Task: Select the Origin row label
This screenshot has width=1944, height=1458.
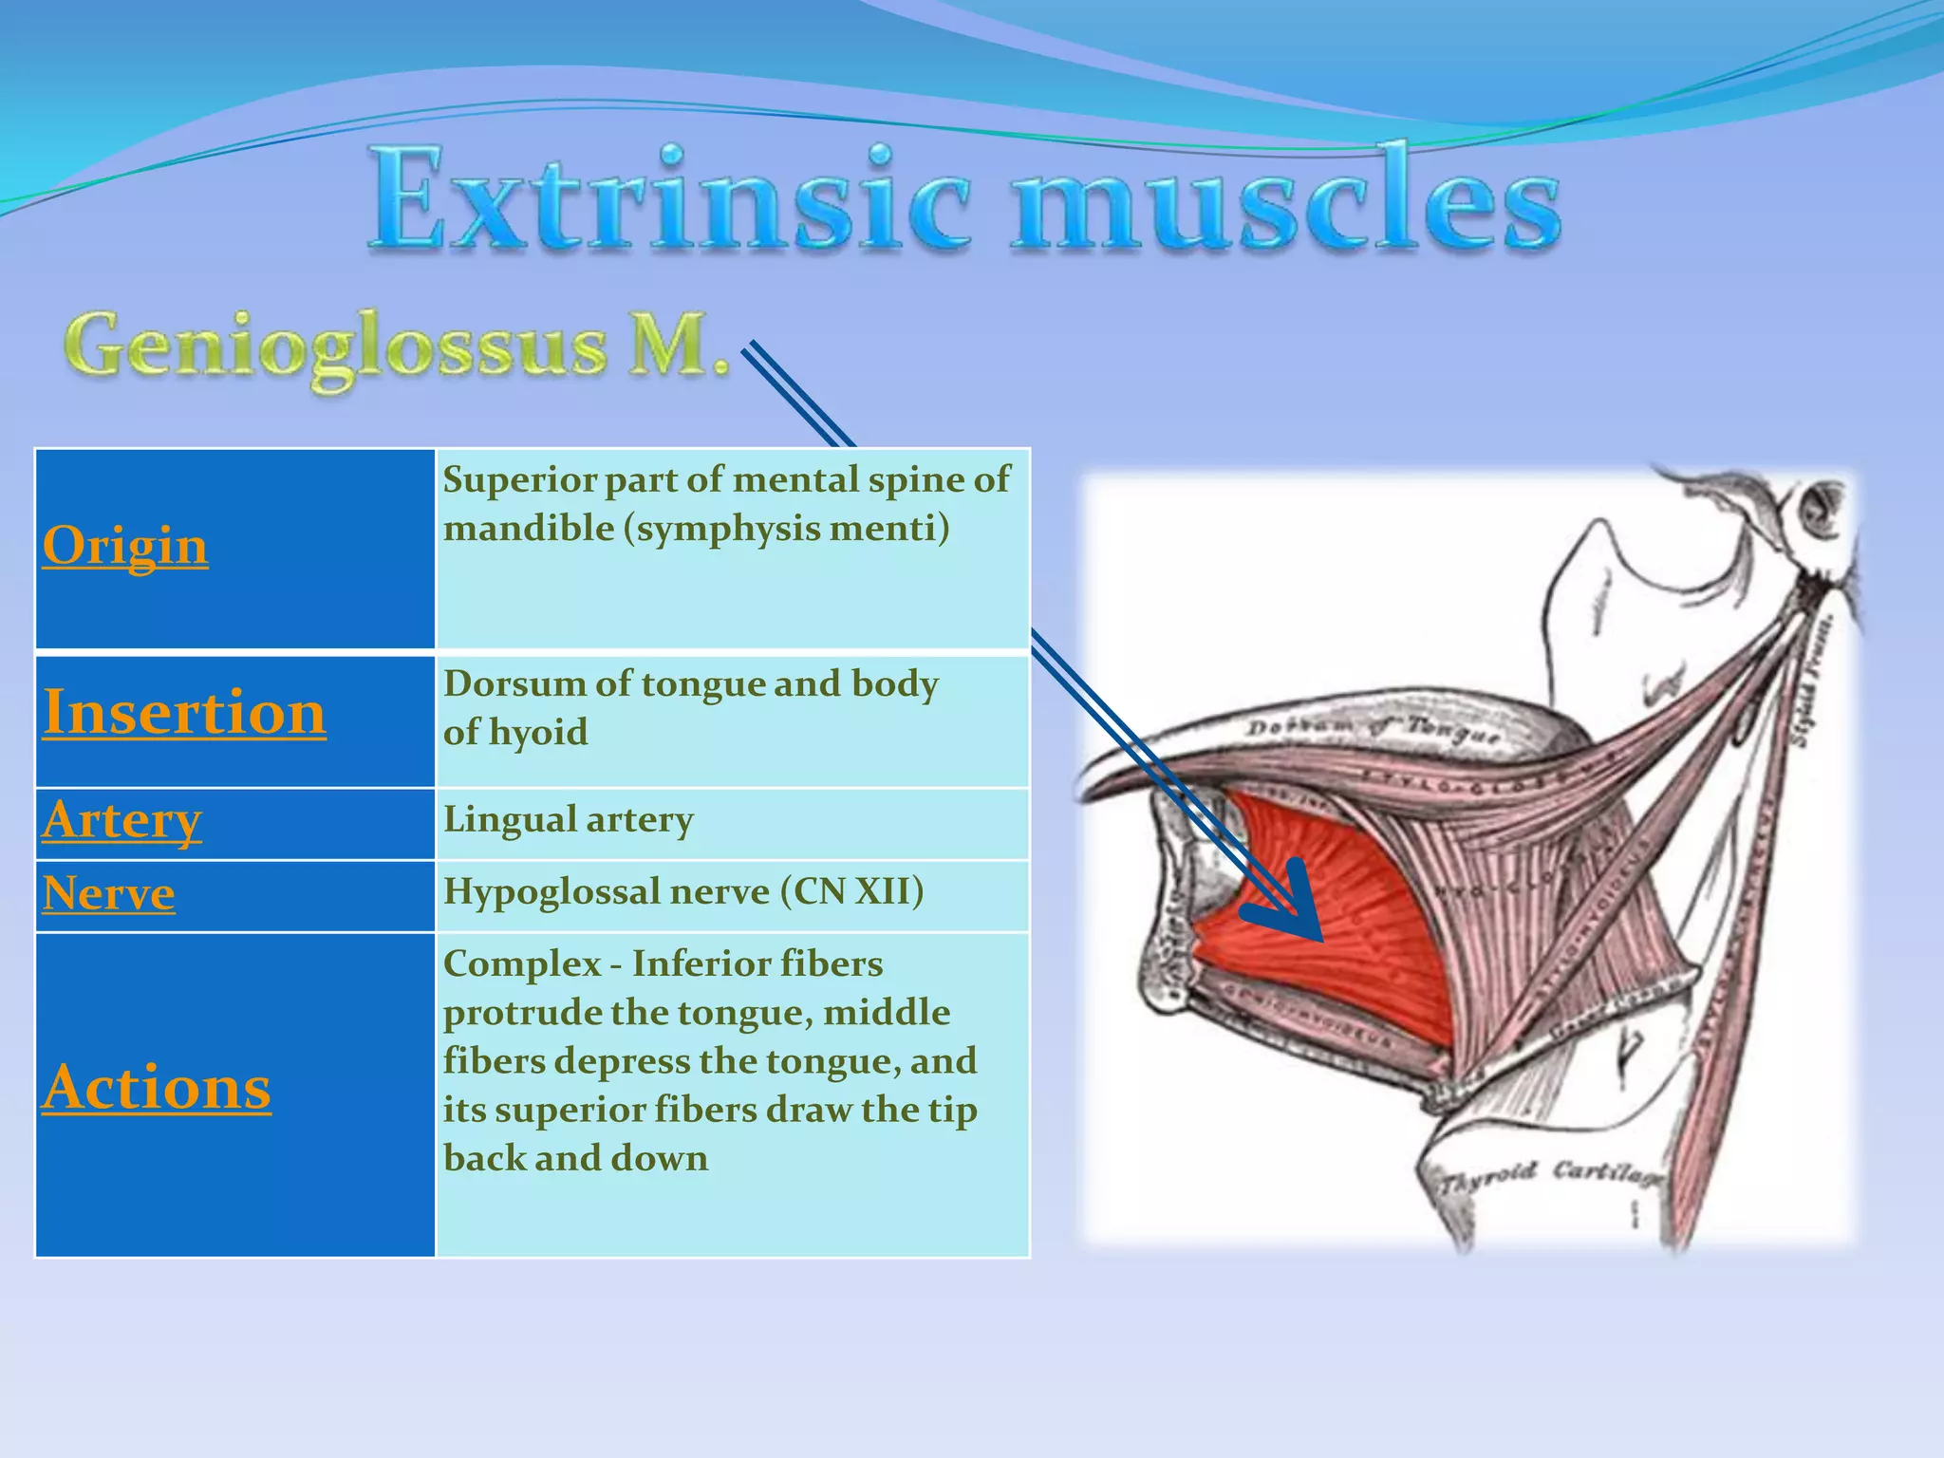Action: pyautogui.click(x=125, y=546)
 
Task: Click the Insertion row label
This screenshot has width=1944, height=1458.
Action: pyautogui.click(x=184, y=712)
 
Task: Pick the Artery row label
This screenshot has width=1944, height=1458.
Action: pyautogui.click(x=121, y=820)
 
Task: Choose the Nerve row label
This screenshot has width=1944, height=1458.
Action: pyautogui.click(x=108, y=893)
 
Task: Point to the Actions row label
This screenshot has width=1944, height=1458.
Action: pyautogui.click(x=157, y=1087)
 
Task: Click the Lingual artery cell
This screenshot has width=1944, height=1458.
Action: pyautogui.click(x=568, y=819)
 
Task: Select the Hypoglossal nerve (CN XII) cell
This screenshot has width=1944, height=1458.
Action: pyautogui.click(x=682, y=891)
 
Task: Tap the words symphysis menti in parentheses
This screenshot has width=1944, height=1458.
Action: pyautogui.click(x=786, y=528)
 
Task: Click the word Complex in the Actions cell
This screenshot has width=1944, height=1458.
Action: pyautogui.click(x=521, y=963)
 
